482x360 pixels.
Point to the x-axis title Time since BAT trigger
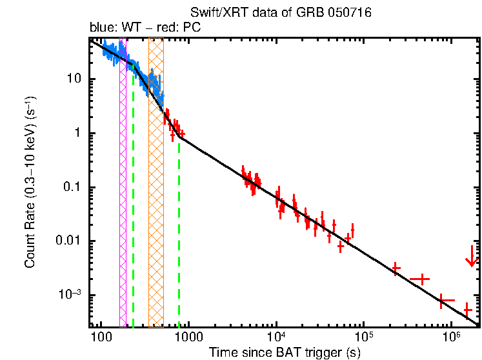[285, 352]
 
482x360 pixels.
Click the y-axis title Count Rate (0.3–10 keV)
[30, 183]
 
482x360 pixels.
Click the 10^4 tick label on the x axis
[276, 339]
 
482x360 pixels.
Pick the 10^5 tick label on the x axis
[364, 339]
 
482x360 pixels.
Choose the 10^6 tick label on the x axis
[452, 339]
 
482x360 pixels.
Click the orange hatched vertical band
[156, 181]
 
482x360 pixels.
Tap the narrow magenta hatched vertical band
[123, 181]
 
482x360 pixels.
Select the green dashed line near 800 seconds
[179, 226]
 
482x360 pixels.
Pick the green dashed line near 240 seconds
[133, 194]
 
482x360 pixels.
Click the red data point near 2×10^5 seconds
[396, 268]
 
